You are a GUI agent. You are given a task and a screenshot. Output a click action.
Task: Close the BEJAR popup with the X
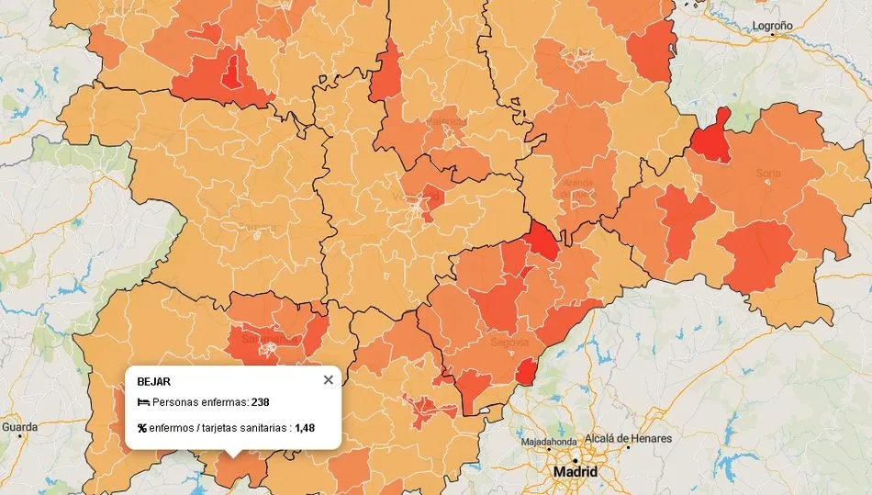329,380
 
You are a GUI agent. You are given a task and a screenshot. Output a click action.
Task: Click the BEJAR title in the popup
153,381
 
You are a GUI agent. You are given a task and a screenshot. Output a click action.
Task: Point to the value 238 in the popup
260,402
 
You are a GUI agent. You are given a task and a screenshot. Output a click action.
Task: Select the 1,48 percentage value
305,428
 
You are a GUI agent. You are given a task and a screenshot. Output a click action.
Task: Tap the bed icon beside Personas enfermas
142,402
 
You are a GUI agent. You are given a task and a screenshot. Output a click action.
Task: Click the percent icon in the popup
142,428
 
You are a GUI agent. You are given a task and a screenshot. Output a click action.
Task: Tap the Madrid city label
575,472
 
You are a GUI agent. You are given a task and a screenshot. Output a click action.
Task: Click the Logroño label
772,26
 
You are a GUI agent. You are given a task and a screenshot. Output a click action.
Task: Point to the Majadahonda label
549,443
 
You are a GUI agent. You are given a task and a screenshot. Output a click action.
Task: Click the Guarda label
19,427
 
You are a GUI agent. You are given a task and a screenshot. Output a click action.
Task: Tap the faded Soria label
767,173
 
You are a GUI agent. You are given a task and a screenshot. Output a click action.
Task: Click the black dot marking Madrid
575,459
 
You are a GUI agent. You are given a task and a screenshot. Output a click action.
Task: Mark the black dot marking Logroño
773,35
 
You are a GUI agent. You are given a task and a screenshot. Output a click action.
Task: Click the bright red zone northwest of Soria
710,138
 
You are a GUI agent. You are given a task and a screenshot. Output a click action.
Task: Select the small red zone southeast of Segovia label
525,372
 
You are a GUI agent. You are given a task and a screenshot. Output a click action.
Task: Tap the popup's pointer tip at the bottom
233,456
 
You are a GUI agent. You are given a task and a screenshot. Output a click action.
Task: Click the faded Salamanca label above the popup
263,338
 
